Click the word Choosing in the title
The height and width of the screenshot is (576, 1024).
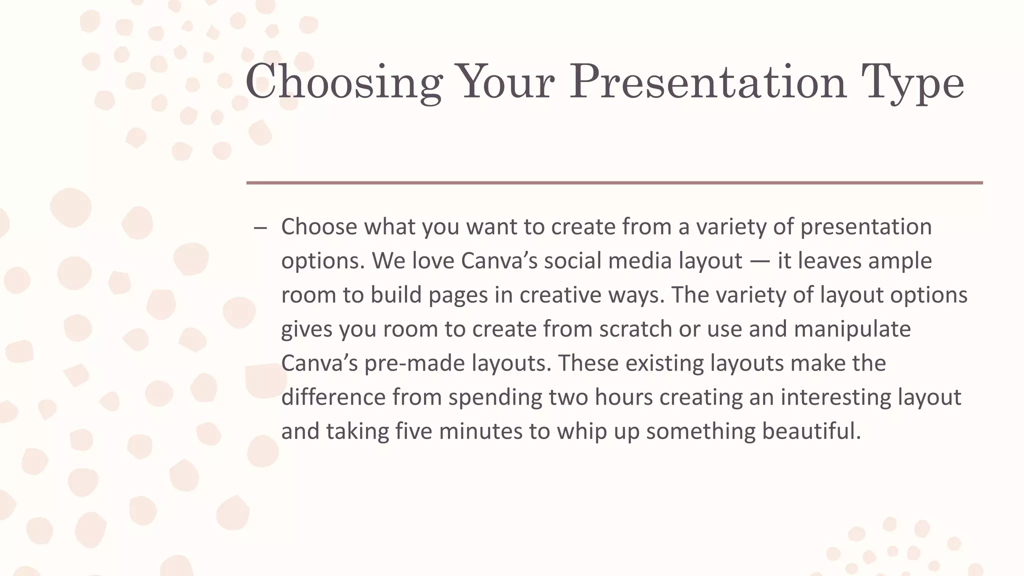tap(344, 82)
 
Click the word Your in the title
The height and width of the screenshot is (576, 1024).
tap(506, 82)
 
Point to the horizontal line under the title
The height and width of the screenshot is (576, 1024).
tap(614, 183)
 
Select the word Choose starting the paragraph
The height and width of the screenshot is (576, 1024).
tap(319, 227)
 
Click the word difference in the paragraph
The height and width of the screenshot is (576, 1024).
tap(333, 397)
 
